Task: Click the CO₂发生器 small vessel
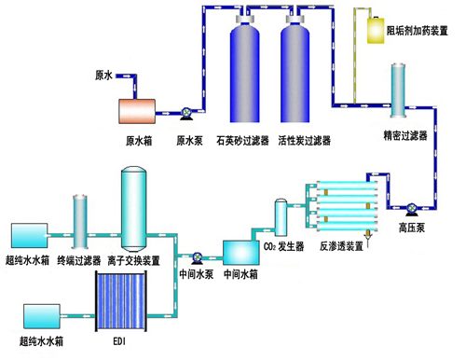(x=281, y=218)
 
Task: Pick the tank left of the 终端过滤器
(x=34, y=235)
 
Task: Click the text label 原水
(x=105, y=74)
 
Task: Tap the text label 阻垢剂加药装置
(x=422, y=31)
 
